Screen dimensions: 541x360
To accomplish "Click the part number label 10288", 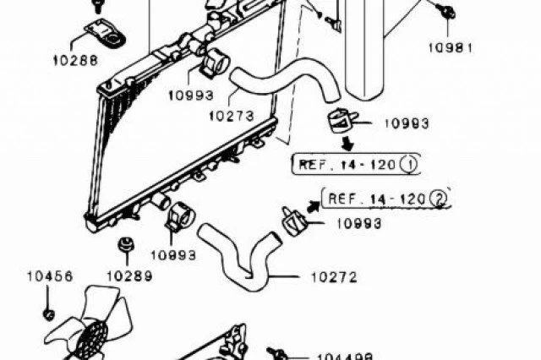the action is point(75,60).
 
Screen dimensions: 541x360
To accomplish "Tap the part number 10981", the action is point(451,47).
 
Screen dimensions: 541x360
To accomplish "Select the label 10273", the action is point(231,116).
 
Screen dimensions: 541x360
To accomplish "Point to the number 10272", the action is point(334,277).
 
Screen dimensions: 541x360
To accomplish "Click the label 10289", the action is point(129,275).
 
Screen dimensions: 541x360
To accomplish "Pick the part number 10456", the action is point(50,275).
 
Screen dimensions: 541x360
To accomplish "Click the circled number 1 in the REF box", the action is point(409,165).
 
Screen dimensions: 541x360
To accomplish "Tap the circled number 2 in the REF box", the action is point(439,199).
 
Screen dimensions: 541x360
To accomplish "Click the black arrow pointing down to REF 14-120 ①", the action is point(347,144).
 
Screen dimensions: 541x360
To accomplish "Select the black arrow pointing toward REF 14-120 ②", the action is point(314,207).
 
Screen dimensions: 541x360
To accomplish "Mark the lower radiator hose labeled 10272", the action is point(240,257).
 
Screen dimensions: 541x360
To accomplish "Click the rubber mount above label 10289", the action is point(126,245).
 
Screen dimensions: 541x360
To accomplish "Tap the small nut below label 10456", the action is point(49,314).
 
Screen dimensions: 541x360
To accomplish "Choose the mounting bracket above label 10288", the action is point(105,33).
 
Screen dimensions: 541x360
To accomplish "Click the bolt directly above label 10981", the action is point(446,11).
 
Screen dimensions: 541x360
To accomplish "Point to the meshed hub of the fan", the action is point(90,340).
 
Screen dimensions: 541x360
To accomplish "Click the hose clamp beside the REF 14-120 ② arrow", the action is point(293,221).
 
